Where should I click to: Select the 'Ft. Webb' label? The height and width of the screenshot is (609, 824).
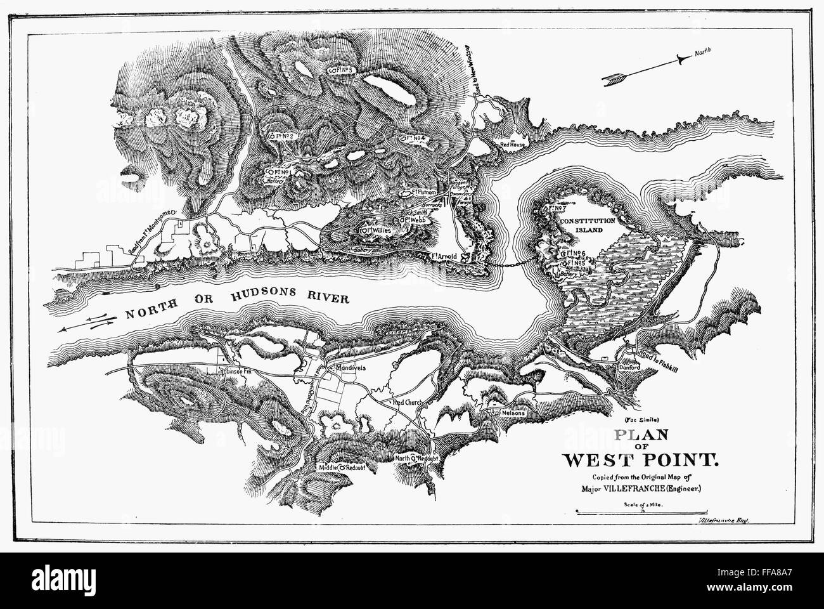coord(413,219)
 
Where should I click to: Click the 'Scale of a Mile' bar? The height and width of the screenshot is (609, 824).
coord(641,511)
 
